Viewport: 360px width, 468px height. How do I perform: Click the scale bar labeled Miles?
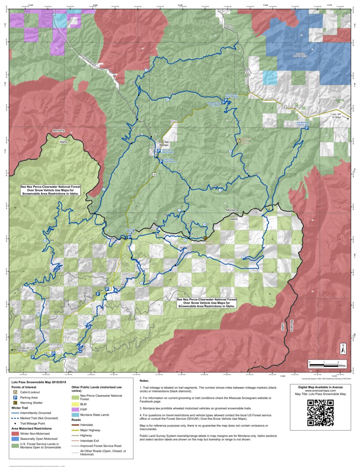[324, 362]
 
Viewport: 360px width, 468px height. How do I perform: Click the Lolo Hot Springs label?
[164, 143]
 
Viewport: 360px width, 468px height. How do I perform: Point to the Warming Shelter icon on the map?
[205, 238]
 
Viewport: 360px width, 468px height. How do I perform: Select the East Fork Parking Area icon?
[161, 162]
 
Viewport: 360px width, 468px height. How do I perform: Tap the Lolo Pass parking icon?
[130, 237]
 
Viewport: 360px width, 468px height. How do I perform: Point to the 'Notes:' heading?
[144, 381]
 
